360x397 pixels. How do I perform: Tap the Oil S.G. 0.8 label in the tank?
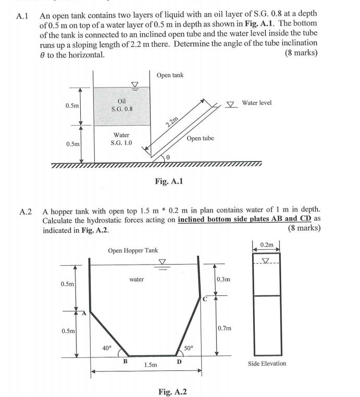tap(122, 105)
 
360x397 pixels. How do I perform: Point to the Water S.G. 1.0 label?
tap(121, 139)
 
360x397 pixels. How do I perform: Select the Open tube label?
tap(200, 138)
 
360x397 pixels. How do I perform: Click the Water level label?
tap(256, 103)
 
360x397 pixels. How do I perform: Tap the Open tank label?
tap(170, 75)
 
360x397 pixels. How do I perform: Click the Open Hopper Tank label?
tap(133, 251)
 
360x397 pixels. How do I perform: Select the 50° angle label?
tap(189, 348)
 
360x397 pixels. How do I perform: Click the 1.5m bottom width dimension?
tap(150, 365)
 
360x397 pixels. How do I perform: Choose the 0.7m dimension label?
tap(225, 329)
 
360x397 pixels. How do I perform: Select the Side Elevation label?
tap(267, 363)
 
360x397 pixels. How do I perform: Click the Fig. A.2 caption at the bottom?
tap(172, 391)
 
